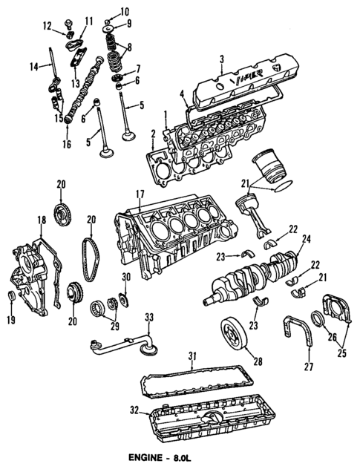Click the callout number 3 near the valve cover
pyautogui.click(x=221, y=58)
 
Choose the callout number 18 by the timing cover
pyautogui.click(x=42, y=220)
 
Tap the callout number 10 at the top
pyautogui.click(x=124, y=10)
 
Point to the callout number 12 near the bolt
pyautogui.click(x=47, y=27)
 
